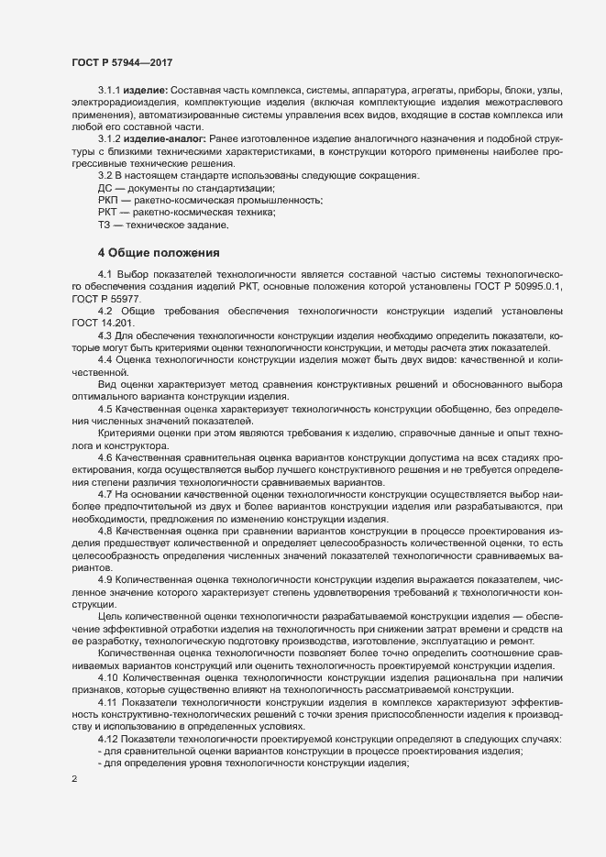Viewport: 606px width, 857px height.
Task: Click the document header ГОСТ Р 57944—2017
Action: point(123,62)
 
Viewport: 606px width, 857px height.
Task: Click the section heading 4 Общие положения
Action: point(157,252)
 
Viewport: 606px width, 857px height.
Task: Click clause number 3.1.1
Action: point(109,93)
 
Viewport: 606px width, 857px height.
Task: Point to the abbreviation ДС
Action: point(105,187)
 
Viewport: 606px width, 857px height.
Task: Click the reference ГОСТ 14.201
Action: point(103,324)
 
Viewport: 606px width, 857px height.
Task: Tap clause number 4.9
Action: point(105,581)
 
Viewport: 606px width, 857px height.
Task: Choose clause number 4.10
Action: point(107,677)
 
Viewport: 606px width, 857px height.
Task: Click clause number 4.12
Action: point(107,739)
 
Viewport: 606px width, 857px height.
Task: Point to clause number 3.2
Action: point(104,175)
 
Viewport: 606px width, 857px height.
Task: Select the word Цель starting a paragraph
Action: point(110,618)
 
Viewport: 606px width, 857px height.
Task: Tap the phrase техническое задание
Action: point(179,225)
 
